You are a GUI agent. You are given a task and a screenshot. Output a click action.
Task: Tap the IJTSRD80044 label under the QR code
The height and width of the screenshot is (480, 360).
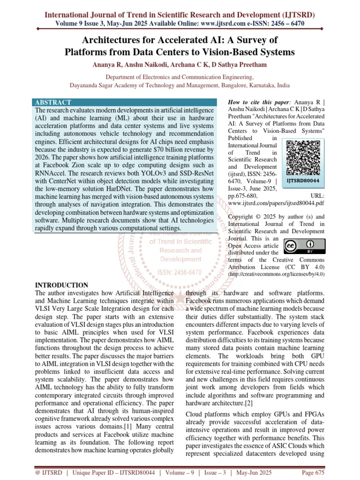pyautogui.click(x=302, y=180)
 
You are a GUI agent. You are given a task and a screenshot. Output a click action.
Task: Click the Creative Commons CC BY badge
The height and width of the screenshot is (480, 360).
pyautogui.click(x=302, y=247)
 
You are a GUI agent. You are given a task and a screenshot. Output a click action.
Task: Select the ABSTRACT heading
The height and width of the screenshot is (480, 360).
pyautogui.click(x=53, y=102)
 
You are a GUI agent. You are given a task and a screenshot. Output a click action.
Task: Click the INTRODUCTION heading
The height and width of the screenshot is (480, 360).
pyautogui.click(x=62, y=285)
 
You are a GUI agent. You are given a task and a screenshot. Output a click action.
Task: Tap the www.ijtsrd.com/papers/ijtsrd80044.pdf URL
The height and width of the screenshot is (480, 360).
pyautogui.click(x=276, y=204)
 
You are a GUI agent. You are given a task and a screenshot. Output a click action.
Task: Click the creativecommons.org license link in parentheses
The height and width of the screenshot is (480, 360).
pyautogui.click(x=276, y=274)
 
